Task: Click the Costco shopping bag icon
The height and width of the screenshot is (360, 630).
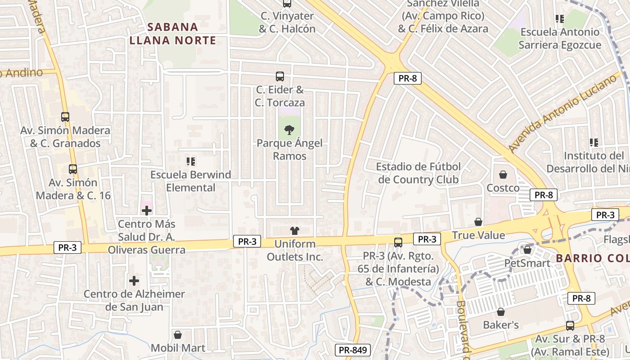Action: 503,175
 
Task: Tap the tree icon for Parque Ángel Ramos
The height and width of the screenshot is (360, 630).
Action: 289,130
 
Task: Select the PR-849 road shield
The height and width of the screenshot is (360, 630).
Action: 352,350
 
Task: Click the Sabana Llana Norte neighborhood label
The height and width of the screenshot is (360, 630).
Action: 173,34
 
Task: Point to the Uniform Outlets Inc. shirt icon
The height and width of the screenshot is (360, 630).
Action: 295,231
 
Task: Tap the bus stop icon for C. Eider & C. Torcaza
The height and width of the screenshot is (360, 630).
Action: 280,76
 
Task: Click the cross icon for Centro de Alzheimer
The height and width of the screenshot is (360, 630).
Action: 134,281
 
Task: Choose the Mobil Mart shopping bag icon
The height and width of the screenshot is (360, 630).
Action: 178,335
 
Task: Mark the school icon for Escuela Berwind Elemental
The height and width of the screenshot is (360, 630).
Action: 191,161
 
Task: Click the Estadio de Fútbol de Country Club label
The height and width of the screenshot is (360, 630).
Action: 418,173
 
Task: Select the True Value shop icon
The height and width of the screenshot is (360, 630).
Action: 478,222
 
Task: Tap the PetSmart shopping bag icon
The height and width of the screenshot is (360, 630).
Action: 527,249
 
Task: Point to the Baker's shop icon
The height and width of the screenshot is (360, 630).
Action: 501,312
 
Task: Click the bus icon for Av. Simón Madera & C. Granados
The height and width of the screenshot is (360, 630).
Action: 65,117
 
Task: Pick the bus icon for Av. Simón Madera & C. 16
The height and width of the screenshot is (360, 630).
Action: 73,169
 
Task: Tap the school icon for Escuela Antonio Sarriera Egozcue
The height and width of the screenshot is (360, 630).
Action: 560,19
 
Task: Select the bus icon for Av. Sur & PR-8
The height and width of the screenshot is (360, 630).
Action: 570,326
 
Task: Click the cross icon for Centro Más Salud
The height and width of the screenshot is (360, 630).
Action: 147,210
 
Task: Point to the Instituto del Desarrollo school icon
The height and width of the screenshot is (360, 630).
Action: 594,143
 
